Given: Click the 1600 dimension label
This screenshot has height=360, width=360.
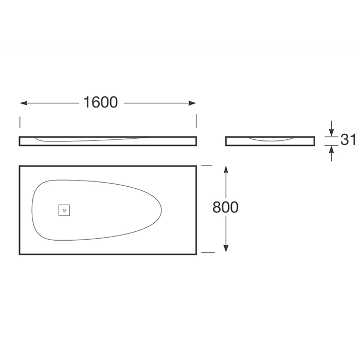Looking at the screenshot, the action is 101,102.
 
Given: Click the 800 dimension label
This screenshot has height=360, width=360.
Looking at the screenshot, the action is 225,207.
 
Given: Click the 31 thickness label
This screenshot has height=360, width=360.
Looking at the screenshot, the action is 348,139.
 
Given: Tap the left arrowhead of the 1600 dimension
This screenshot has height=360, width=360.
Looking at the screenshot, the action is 24,103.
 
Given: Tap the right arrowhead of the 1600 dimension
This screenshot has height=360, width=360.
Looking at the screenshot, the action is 192,103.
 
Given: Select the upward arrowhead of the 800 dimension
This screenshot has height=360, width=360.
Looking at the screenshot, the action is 226,169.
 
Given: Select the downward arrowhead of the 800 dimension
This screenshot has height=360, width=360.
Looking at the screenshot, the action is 226,248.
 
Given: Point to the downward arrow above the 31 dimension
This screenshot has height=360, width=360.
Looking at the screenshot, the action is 331,129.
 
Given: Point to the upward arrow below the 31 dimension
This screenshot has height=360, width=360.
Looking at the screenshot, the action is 331,154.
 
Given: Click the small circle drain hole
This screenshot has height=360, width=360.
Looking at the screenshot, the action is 64,210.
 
